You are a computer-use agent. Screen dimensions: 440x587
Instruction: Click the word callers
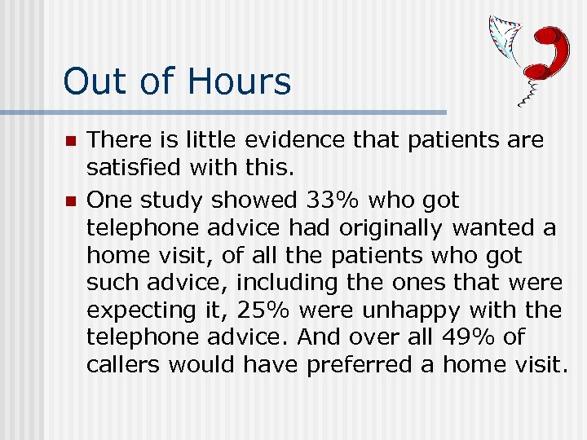[123, 365]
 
